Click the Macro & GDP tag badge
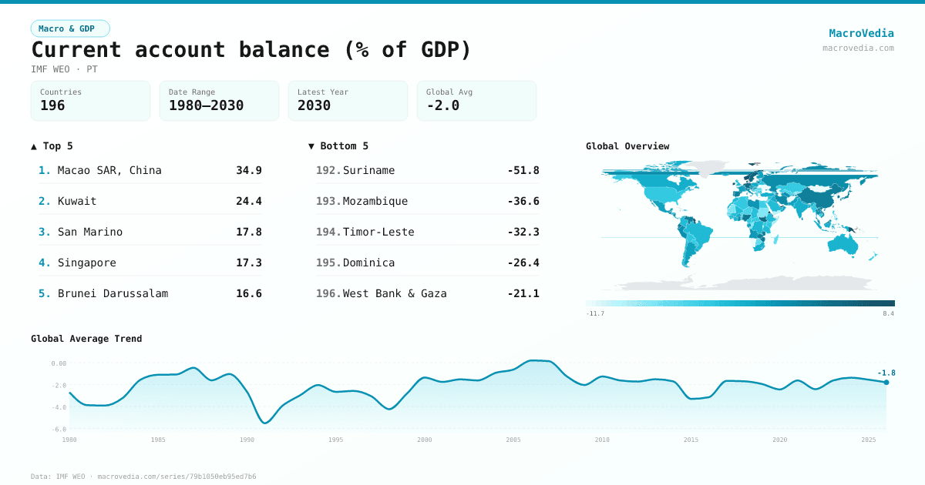[70, 28]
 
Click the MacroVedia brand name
[861, 33]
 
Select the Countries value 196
[52, 105]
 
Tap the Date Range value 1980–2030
[206, 105]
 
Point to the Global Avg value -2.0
[442, 105]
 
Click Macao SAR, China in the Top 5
[109, 170]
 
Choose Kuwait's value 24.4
[248, 201]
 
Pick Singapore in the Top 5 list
[86, 263]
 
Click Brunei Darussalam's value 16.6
[248, 293]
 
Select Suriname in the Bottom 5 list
[368, 170]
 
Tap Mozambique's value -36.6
[523, 201]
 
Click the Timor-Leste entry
[378, 232]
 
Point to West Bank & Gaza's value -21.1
[523, 293]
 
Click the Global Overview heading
[627, 146]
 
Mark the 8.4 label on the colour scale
[888, 314]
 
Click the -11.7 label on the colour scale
[594, 314]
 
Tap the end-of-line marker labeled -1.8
[886, 382]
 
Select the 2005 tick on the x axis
[513, 440]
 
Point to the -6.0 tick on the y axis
[59, 429]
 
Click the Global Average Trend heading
[86, 339]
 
